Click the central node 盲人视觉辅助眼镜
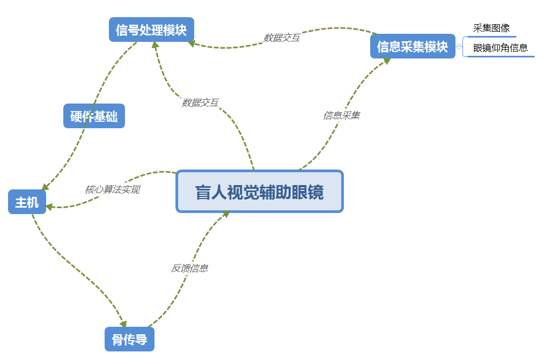click(x=259, y=192)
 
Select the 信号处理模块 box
click(x=151, y=30)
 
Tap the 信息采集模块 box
click(x=412, y=47)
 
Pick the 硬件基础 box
click(x=94, y=116)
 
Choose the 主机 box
click(x=27, y=202)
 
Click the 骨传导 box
click(x=129, y=340)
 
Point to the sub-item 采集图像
click(x=491, y=28)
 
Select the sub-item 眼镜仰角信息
click(x=500, y=48)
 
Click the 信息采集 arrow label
click(x=341, y=115)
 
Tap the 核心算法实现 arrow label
click(x=112, y=189)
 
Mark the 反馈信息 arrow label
click(x=189, y=268)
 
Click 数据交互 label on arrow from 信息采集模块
click(x=281, y=38)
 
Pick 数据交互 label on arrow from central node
click(x=200, y=102)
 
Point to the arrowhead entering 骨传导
click(x=123, y=324)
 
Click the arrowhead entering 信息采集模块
click(x=386, y=60)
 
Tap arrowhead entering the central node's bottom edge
click(x=226, y=214)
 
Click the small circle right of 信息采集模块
click(x=459, y=47)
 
